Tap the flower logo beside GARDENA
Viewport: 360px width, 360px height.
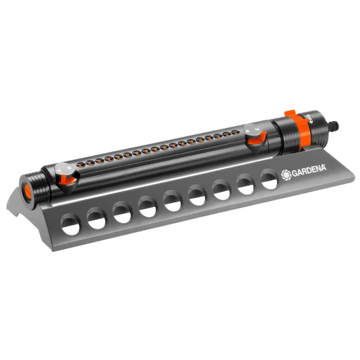(x=286, y=175)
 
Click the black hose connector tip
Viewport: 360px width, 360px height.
(x=334, y=125)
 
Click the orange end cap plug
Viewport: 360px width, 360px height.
(x=27, y=191)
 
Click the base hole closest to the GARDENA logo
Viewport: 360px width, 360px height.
(x=269, y=179)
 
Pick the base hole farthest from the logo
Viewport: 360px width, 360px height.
(x=71, y=224)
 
